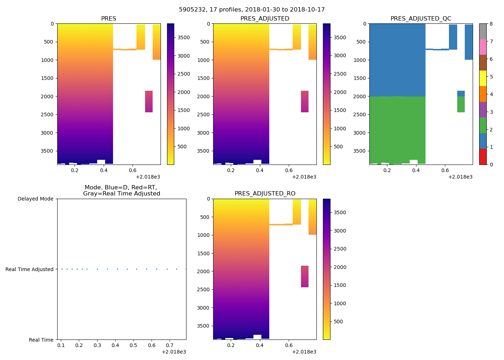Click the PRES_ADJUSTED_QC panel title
tap(420, 19)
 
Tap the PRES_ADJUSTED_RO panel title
tap(265, 194)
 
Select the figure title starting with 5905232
tap(252, 10)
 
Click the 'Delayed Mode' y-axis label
tap(35, 199)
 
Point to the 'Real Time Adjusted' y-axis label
tap(30, 269)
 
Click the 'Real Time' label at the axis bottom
tap(41, 340)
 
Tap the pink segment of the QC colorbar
tap(483, 47)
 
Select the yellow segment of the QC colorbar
tap(483, 78)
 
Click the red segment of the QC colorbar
tap(483, 157)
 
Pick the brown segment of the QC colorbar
tap(483, 63)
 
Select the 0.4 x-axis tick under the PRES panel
tap(104, 170)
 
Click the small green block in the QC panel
tap(461, 104)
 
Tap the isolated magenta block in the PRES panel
tap(149, 102)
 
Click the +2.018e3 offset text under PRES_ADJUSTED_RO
tap(304, 352)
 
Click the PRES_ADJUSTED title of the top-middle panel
tap(265, 19)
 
